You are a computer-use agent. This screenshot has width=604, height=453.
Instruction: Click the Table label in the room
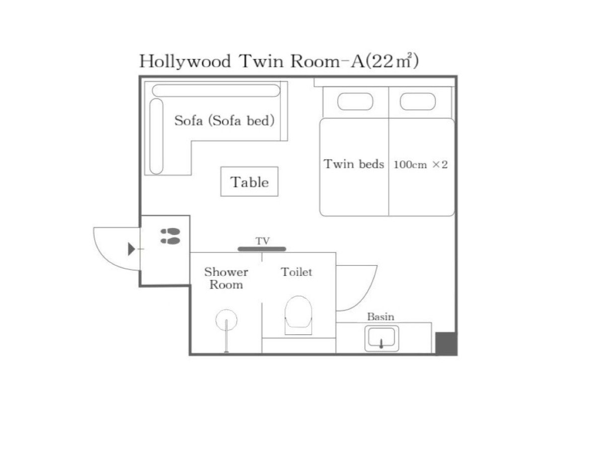coord(249,182)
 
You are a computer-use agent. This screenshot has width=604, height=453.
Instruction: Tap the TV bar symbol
coord(262,249)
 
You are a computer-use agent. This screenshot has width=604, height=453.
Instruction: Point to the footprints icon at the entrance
coord(170,236)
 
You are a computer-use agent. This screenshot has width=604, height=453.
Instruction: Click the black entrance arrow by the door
coord(131,249)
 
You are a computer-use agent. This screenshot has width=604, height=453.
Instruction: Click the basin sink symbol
coord(382,339)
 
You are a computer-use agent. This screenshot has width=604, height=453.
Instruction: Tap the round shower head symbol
coord(226,320)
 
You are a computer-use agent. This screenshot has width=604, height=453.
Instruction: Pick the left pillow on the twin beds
coord(355,102)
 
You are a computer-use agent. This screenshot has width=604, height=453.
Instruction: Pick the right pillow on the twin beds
coord(418,102)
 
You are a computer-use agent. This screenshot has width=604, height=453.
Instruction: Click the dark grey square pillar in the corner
coord(446,343)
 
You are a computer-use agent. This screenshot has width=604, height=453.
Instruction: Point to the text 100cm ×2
coord(420,165)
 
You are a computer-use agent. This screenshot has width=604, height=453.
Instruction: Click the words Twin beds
coord(354,164)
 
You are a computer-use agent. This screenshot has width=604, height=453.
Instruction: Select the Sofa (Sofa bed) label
coord(224,121)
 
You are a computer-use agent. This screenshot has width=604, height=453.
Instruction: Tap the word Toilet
coord(296,272)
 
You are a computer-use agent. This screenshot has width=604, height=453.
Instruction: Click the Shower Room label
coord(226,278)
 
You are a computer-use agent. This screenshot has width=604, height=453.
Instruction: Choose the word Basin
coord(381,317)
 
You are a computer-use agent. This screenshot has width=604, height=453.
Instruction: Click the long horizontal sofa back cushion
coord(216,91)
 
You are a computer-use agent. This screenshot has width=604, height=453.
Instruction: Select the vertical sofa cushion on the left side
coord(157,136)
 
